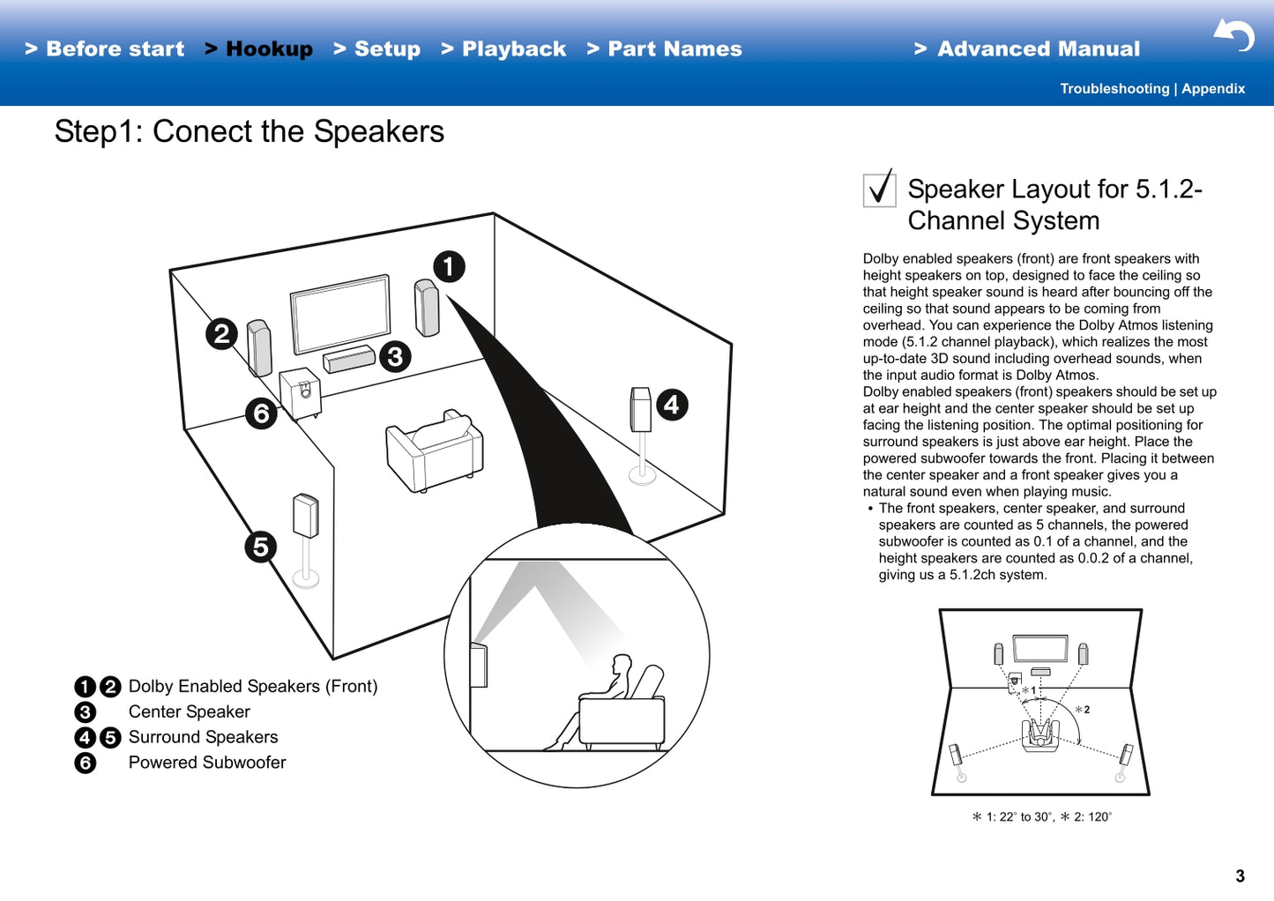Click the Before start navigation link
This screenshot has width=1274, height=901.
click(x=105, y=49)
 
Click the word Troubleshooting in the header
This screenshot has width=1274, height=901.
click(x=1114, y=89)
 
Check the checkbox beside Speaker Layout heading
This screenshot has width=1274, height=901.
click(x=879, y=189)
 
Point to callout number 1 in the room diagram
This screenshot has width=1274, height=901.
click(x=449, y=266)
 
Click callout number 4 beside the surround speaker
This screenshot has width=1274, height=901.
click(x=672, y=405)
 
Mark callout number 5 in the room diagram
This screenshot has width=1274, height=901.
click(x=260, y=547)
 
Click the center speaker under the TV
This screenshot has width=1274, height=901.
click(x=349, y=360)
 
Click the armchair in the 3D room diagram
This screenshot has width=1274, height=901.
click(x=434, y=450)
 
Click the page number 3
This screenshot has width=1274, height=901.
click(x=1240, y=876)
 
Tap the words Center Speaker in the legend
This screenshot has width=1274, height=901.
click(x=190, y=711)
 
